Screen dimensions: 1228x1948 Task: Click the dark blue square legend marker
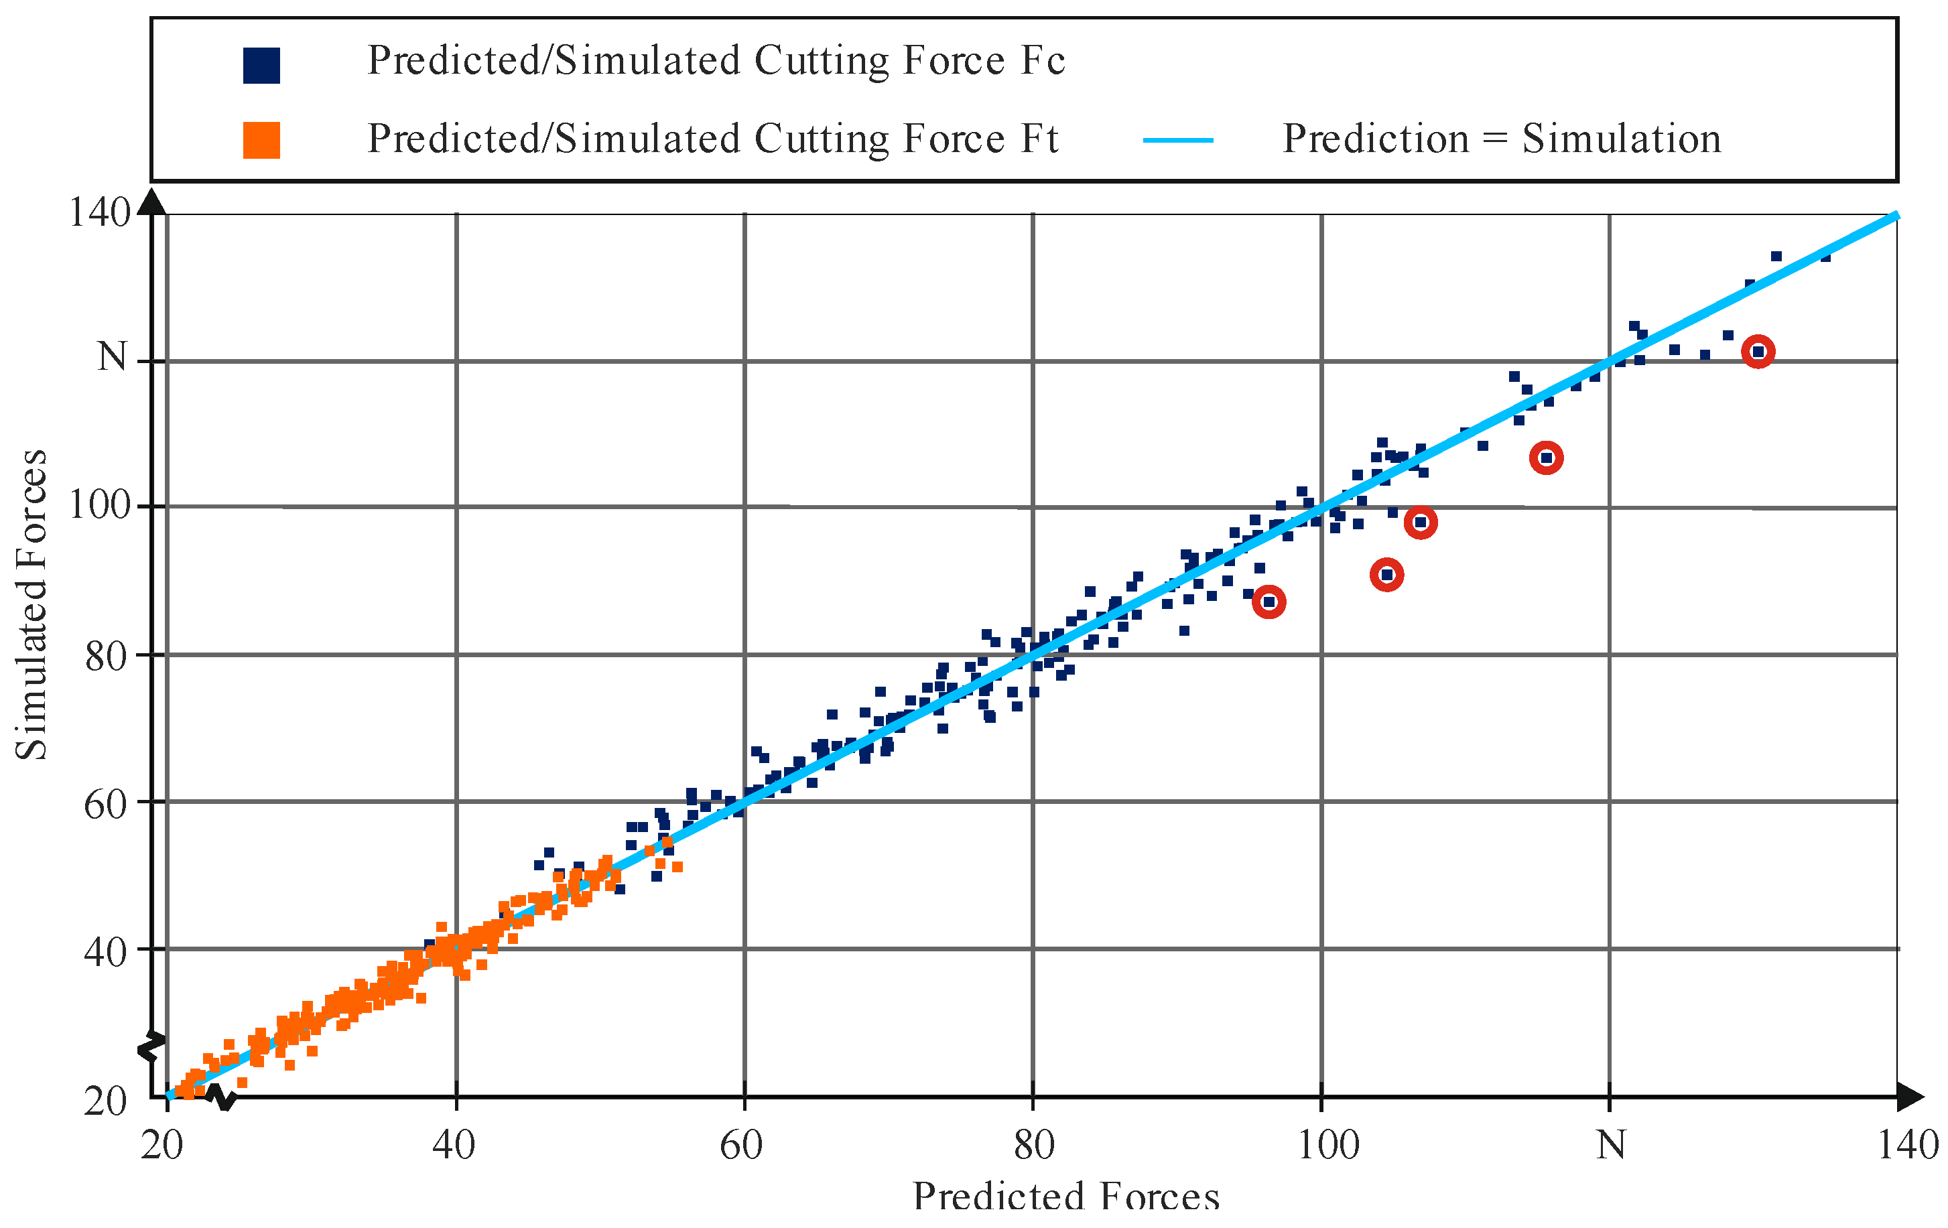(x=261, y=66)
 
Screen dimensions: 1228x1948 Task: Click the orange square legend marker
(x=261, y=140)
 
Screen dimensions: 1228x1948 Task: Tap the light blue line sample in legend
(x=1177, y=140)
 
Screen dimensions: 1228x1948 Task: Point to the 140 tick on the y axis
(x=99, y=214)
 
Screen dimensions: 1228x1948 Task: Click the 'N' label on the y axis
(x=113, y=357)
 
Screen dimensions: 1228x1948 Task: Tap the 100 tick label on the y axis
(x=99, y=506)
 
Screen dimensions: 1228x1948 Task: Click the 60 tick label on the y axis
(x=106, y=805)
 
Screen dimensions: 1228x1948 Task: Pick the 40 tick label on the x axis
(x=454, y=1145)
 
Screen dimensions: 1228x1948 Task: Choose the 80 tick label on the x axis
(x=1033, y=1145)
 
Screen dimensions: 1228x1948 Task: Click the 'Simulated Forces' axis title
(x=31, y=604)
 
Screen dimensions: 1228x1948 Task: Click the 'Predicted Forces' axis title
(x=1065, y=1197)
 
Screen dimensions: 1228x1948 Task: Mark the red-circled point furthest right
(x=1758, y=352)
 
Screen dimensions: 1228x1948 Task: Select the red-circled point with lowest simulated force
(x=1269, y=602)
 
